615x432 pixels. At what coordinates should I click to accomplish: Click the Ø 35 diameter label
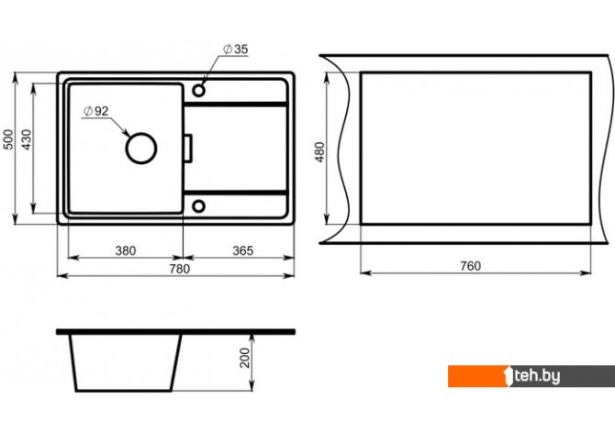pyautogui.click(x=235, y=50)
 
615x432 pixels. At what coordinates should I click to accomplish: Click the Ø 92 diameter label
pyautogui.click(x=95, y=111)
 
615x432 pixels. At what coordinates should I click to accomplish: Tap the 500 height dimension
pyautogui.click(x=8, y=139)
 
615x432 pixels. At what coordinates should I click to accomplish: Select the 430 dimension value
pyautogui.click(x=27, y=139)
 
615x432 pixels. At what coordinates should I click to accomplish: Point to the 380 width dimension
pyautogui.click(x=126, y=250)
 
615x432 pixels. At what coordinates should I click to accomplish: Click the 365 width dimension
pyautogui.click(x=242, y=250)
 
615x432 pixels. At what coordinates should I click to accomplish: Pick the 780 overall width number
pyautogui.click(x=180, y=269)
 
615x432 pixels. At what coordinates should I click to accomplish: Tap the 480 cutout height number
pyautogui.click(x=320, y=152)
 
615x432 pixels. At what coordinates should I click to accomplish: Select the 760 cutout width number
pyautogui.click(x=470, y=266)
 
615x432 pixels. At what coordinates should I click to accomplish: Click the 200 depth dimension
pyautogui.click(x=245, y=358)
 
